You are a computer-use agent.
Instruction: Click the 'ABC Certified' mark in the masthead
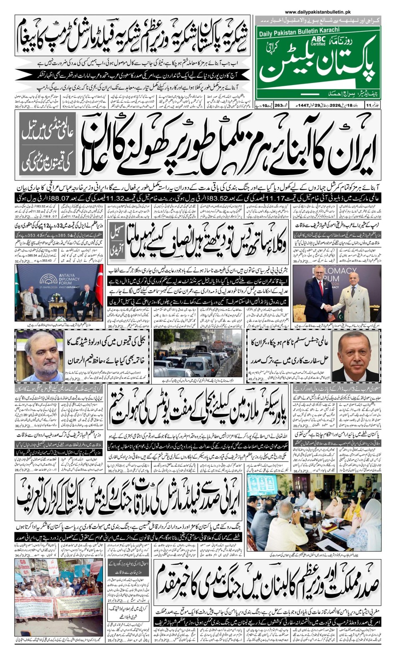point(318,40)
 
